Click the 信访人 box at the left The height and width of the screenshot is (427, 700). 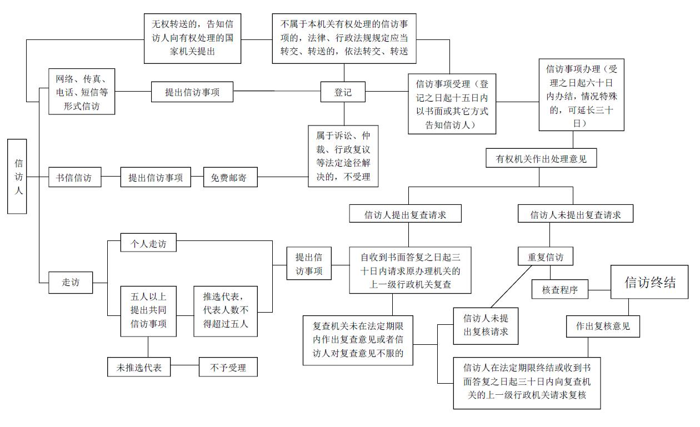[17, 177]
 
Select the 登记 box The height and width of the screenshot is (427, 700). [343, 92]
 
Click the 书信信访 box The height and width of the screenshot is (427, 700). [74, 178]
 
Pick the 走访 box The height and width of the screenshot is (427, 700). [71, 282]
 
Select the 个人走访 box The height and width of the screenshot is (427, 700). [144, 244]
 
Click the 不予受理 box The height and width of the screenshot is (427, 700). [228, 367]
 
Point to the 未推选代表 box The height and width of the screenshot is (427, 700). [139, 367]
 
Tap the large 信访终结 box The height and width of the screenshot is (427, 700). [649, 282]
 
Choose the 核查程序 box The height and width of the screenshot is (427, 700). [559, 289]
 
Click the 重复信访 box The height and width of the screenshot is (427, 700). [545, 257]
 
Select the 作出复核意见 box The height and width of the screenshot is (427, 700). [603, 326]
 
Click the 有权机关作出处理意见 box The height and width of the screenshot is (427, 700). [541, 159]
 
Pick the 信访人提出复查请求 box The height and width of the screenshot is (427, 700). [406, 214]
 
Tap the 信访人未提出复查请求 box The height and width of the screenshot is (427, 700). [576, 214]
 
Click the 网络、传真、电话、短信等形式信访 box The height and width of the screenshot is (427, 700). [82, 92]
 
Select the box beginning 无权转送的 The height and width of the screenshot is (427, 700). [192, 38]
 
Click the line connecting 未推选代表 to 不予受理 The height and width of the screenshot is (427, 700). [184, 367]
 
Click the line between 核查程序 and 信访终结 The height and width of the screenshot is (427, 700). [599, 289]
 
